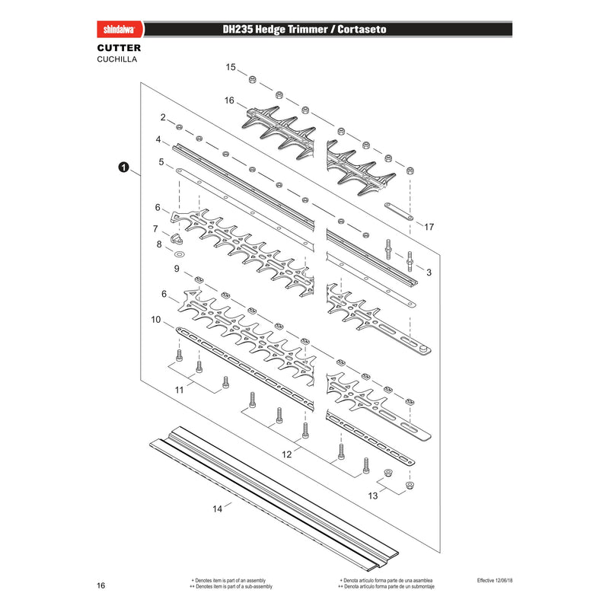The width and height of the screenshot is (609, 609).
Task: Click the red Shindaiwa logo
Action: coord(120,30)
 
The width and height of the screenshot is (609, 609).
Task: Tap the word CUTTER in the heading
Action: coord(119,48)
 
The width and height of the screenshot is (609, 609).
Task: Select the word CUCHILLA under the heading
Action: coord(117,59)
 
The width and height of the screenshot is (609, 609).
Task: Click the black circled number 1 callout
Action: coord(123,167)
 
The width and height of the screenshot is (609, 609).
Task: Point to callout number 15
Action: coord(231,67)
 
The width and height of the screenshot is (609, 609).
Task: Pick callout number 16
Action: coord(229,100)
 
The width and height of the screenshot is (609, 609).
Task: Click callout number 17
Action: coord(429,227)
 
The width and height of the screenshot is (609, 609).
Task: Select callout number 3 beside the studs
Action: coord(429,273)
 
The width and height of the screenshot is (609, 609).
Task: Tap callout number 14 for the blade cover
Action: coord(218,509)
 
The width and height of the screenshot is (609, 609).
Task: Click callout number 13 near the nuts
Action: coord(373,496)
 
